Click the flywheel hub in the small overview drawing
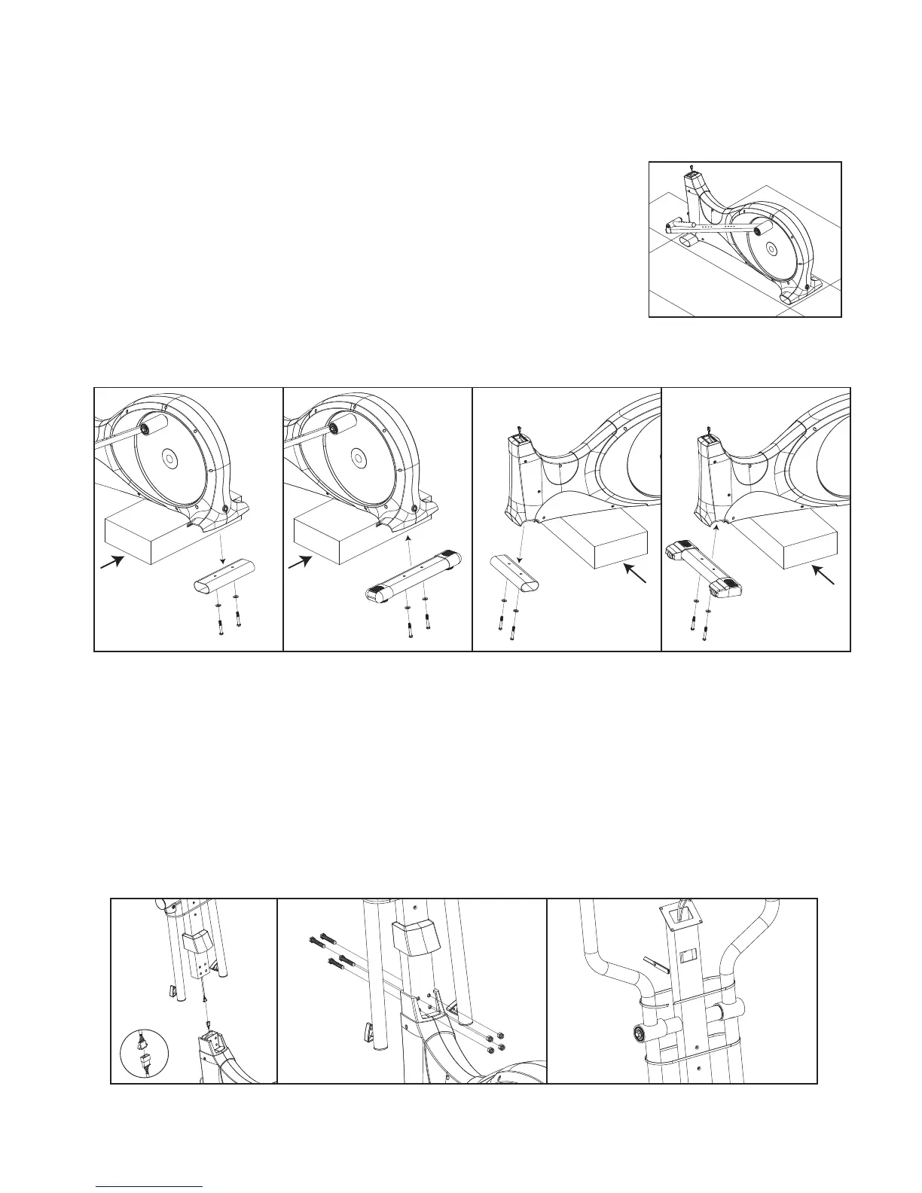[769, 248]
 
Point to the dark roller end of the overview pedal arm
[758, 225]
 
